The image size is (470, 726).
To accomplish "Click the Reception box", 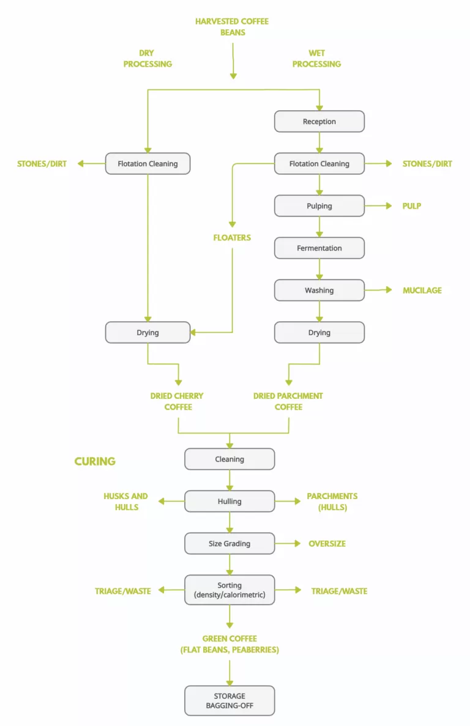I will click(x=319, y=121).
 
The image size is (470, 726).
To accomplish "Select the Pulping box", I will click(x=319, y=206).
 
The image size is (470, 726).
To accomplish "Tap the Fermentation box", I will click(x=319, y=248).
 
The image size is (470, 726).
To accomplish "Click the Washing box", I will click(x=319, y=291).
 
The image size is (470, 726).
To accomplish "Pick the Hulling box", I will click(x=229, y=502).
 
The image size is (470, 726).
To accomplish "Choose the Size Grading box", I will click(x=229, y=543).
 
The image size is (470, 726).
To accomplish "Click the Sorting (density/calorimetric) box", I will click(x=229, y=590).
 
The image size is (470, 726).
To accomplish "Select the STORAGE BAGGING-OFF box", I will click(x=229, y=701).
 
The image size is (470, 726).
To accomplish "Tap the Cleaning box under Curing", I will click(x=229, y=459).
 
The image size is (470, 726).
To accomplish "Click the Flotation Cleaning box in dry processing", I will click(x=147, y=163).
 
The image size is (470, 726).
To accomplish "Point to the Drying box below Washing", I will click(x=319, y=333).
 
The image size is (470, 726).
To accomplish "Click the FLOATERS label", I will click(x=232, y=237).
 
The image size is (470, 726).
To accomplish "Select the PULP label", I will click(x=411, y=206).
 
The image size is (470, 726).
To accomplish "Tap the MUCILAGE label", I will click(x=422, y=291).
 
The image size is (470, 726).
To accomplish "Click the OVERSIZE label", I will click(x=327, y=543).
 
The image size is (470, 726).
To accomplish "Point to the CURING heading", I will click(x=95, y=461).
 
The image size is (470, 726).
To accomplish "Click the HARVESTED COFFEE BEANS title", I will click(x=232, y=27).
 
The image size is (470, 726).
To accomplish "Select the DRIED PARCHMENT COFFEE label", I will click(x=288, y=401).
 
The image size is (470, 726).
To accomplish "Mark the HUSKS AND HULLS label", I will click(x=125, y=502).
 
